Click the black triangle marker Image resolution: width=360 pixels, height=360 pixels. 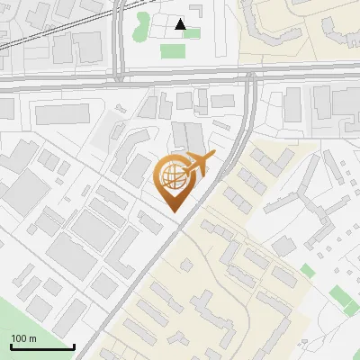coord(181,24)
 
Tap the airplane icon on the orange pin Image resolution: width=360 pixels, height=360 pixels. coord(200,162)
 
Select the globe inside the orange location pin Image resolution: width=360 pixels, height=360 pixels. coord(172,175)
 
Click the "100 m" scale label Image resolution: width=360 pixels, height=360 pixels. coord(23,338)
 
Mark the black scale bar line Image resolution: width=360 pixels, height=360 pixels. coord(41,347)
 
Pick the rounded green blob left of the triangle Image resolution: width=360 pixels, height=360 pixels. coord(141,26)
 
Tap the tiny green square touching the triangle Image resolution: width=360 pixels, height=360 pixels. coord(192,32)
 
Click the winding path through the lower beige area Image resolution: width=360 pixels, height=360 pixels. coord(225,279)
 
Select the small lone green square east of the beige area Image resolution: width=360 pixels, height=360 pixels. coord(308,270)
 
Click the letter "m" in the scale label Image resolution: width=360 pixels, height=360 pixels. coord(32,338)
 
